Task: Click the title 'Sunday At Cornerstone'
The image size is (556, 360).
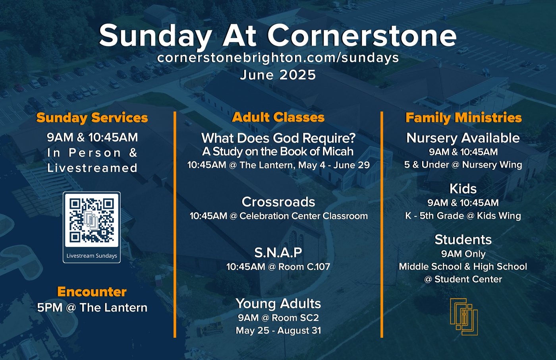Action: (x=278, y=36)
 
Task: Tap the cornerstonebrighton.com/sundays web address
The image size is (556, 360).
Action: (x=278, y=58)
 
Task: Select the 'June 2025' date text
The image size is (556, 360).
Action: (x=278, y=75)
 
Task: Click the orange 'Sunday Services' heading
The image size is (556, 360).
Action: (x=92, y=118)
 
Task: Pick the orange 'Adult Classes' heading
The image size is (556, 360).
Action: (x=278, y=118)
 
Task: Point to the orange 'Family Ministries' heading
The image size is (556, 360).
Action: (x=463, y=118)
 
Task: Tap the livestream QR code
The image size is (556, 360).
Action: (x=92, y=221)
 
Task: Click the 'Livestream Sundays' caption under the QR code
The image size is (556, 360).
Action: (x=92, y=256)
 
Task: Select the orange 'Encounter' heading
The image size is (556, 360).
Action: (x=92, y=292)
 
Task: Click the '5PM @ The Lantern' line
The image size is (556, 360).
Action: (x=92, y=308)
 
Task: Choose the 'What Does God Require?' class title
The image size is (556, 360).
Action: (x=278, y=138)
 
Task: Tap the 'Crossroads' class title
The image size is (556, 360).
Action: (x=278, y=202)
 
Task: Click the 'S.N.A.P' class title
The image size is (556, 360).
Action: (x=278, y=252)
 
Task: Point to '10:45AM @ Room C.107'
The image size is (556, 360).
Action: (x=278, y=267)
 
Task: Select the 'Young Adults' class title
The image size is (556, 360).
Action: (x=278, y=304)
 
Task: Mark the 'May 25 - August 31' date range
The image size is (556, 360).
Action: (x=278, y=331)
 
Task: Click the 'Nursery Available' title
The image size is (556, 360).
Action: (x=463, y=138)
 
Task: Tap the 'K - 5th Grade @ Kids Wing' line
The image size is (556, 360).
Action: (x=463, y=216)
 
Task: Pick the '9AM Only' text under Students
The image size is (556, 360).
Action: (x=463, y=254)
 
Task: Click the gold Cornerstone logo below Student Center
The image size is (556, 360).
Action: (x=464, y=317)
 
